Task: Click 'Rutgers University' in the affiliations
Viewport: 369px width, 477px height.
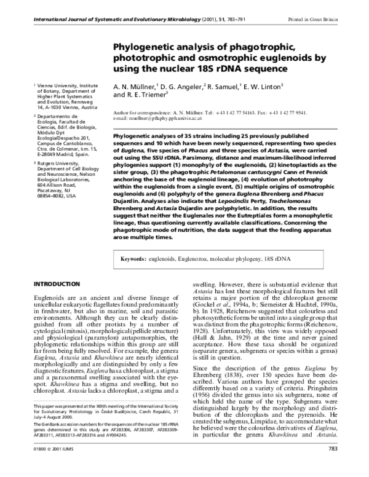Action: [x=58, y=163]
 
